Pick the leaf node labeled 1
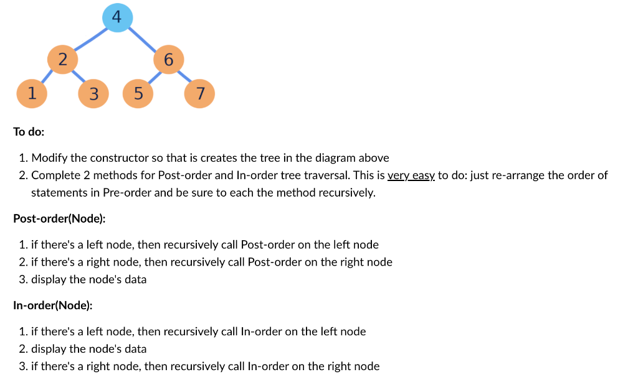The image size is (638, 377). (x=31, y=93)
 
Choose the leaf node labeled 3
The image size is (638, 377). (x=93, y=94)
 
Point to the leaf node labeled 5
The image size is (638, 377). (x=138, y=94)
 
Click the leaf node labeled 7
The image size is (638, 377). (x=200, y=93)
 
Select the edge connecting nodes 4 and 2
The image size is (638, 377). (x=89, y=39)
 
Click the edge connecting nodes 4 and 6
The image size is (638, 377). (x=144, y=39)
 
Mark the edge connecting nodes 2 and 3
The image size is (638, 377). (x=79, y=78)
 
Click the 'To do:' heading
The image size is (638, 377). (x=29, y=132)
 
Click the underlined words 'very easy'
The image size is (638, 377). (x=411, y=175)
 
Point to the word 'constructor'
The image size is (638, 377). (x=109, y=158)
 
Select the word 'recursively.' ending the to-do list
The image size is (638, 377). (x=346, y=192)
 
